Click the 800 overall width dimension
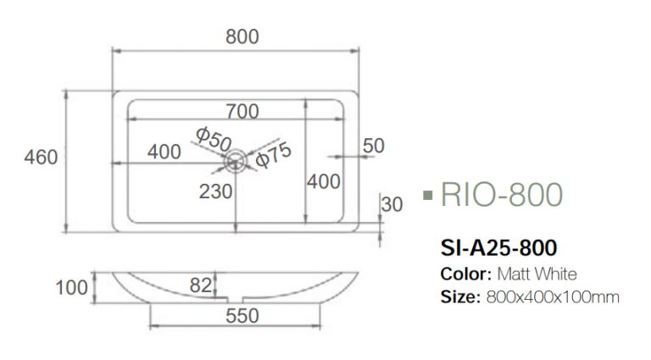[242, 36]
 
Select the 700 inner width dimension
[242, 111]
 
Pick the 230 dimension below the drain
[216, 191]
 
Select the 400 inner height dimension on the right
[324, 181]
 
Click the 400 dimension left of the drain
[164, 152]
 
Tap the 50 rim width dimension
[373, 146]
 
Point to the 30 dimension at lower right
[392, 204]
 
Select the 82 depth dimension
[200, 286]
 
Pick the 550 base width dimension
[242, 316]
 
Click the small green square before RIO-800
[428, 197]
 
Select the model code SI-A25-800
[498, 247]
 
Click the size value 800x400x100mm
[552, 297]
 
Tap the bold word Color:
[466, 274]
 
